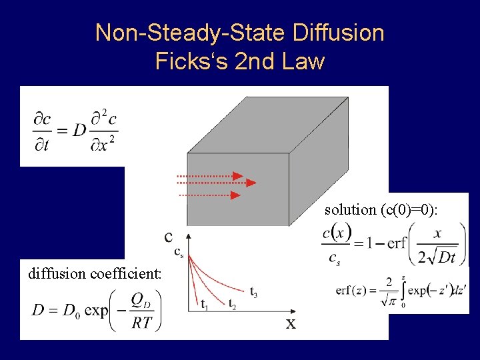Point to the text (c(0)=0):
[409, 209]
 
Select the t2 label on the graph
[232, 305]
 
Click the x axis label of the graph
[291, 323]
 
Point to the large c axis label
[170, 236]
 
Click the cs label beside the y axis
[179, 251]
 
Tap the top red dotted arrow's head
[238, 176]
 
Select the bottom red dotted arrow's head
[235, 195]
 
